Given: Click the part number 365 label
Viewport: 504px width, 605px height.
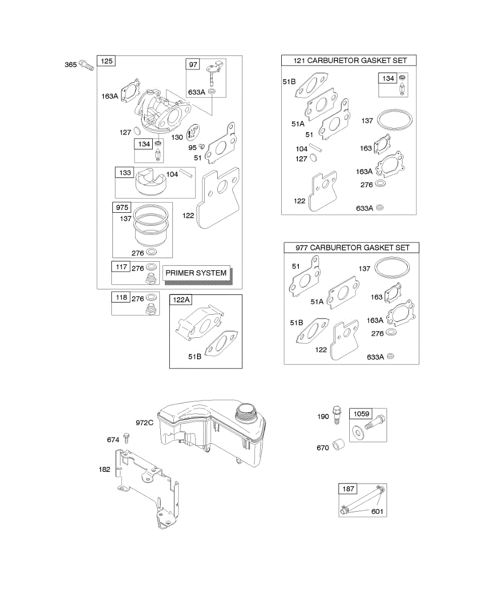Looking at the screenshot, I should coord(71,65).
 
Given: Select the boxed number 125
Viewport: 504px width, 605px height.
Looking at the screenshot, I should coord(106,62).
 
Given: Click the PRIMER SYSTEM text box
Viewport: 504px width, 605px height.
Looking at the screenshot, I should coord(196,272).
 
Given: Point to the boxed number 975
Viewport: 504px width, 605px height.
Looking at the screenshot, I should coord(122,208).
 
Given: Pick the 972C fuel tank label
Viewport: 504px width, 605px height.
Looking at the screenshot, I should coord(144,422).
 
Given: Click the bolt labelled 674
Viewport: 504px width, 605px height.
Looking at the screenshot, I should coord(127,440).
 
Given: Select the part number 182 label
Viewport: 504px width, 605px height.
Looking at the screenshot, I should coord(105,469).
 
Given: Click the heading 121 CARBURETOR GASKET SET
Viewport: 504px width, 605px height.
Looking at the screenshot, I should coord(349,60).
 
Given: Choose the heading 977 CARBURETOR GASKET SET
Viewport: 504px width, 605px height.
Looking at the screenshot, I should coord(351,248).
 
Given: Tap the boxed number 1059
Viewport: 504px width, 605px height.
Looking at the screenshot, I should coord(361,413).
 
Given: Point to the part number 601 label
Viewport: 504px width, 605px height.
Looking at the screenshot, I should coord(377,512).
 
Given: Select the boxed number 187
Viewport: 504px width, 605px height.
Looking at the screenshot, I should coord(348,489).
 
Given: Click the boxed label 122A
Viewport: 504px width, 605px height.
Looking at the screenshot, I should coord(181,300).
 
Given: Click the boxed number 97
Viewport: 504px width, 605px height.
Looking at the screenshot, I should coord(193,64).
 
